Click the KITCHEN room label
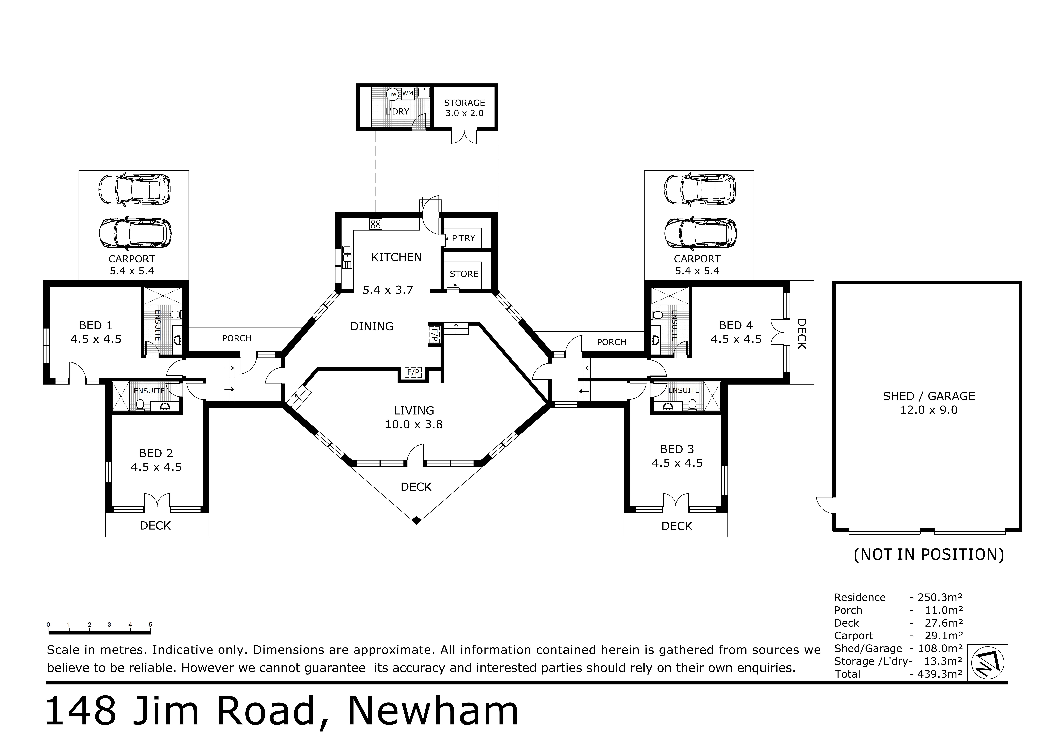click(x=396, y=257)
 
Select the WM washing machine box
click(x=408, y=93)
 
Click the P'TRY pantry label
click(x=463, y=238)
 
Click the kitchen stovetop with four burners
click(x=375, y=224)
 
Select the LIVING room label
click(x=414, y=410)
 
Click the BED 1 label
click(x=96, y=325)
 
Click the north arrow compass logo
click(x=988, y=663)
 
